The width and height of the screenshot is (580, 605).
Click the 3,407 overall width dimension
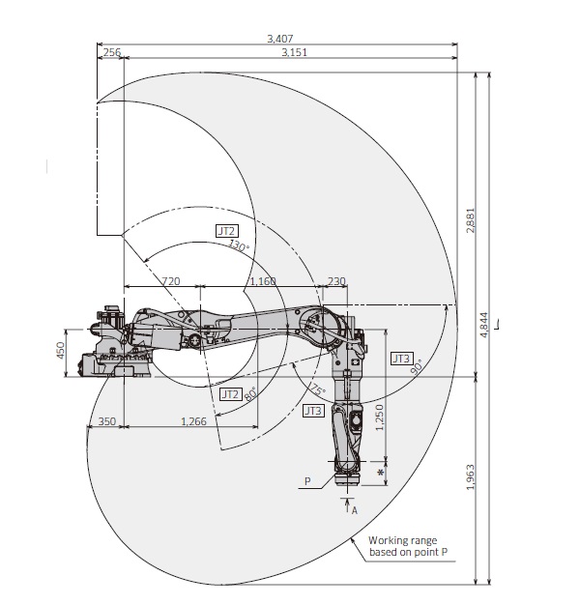(279, 38)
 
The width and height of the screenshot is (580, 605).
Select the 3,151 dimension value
(294, 52)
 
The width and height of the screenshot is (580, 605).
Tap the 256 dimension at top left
(112, 52)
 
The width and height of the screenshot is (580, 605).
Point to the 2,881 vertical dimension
(469, 221)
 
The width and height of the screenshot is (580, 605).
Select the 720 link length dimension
(169, 280)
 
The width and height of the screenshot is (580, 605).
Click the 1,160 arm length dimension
(262, 280)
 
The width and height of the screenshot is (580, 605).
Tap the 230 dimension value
(336, 280)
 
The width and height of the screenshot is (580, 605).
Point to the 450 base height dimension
(60, 351)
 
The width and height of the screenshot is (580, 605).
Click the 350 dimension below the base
(106, 422)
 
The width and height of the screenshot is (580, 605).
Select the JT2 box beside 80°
(229, 394)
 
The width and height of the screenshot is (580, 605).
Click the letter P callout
(306, 479)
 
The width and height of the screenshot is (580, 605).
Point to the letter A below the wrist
(355, 509)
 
